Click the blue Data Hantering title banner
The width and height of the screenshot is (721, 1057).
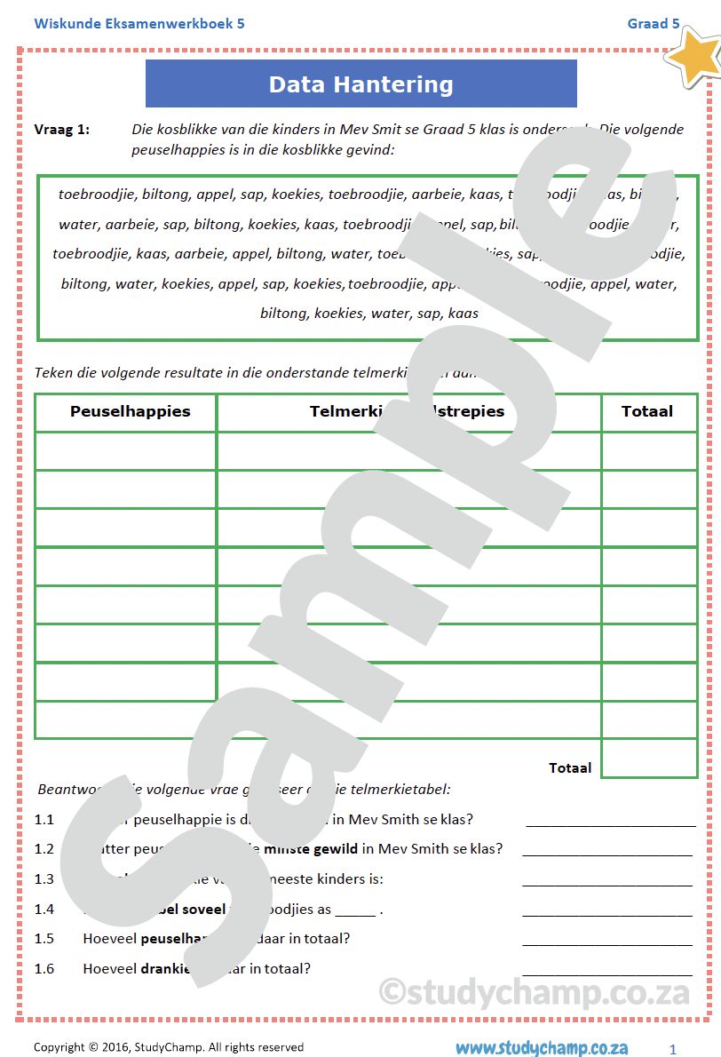[x=360, y=84]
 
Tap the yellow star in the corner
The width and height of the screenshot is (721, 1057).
[x=696, y=55]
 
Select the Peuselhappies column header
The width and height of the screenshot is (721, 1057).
[x=130, y=411]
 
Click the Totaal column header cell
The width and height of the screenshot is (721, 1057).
[x=647, y=411]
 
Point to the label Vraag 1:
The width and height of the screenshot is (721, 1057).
[x=62, y=130]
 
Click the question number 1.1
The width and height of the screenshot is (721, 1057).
[x=44, y=819]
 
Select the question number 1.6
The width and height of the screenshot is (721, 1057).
[x=44, y=968]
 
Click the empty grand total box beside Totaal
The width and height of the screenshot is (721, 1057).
[x=648, y=759]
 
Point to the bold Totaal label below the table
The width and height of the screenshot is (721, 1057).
[x=570, y=767]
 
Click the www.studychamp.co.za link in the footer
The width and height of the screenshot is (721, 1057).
[x=542, y=1048]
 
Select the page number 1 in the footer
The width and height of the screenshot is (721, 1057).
[x=673, y=1049]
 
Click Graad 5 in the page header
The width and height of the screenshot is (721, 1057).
[x=654, y=23]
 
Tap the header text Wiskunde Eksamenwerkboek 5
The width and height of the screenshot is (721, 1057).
[x=139, y=23]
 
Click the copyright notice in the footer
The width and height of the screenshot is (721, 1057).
[x=169, y=1047]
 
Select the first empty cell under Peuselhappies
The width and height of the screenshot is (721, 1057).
[x=126, y=451]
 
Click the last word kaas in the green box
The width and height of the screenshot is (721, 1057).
[x=463, y=313]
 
